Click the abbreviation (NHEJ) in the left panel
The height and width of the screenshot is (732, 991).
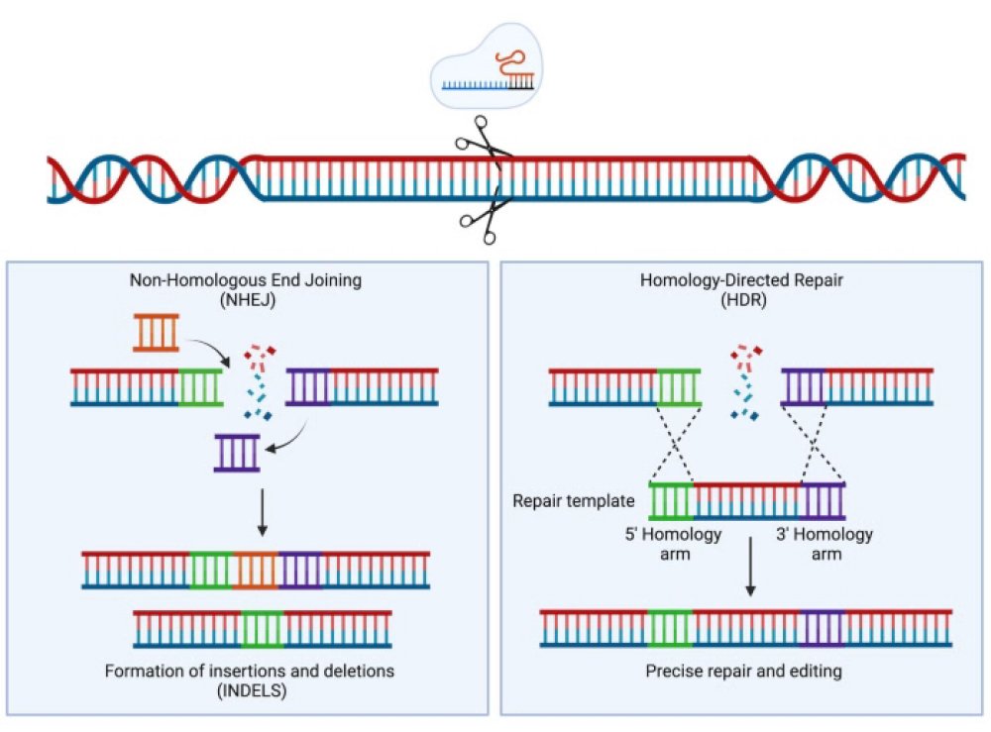pos(246,299)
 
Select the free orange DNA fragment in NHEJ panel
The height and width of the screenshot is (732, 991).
pos(157,333)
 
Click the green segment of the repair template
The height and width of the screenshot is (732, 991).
pos(671,501)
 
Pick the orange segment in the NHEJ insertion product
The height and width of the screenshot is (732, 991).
pos(257,570)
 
